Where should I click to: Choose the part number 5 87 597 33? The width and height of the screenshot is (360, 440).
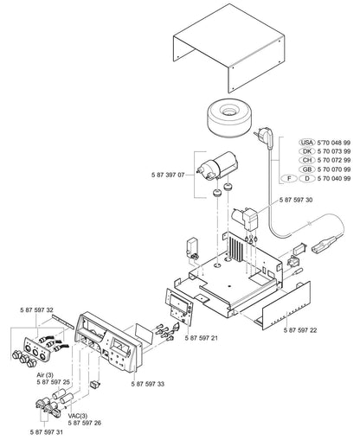151,382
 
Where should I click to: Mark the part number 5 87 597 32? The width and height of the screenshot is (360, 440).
37,309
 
